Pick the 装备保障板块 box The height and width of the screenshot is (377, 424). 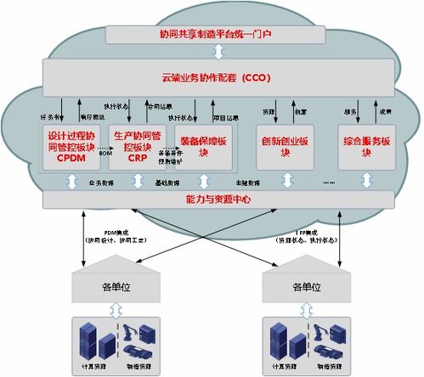tap(202, 146)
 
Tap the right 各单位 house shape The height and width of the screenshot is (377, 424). tap(308, 284)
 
